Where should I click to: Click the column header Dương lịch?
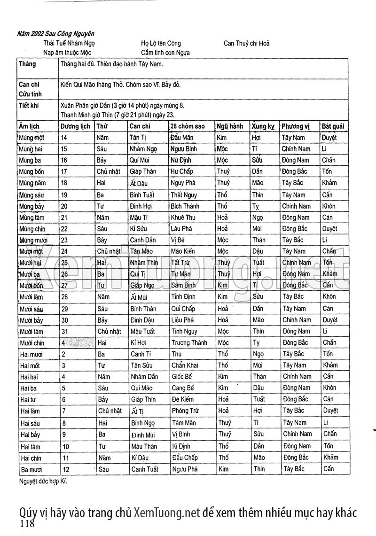point(75,126)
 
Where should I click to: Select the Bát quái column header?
point(333,126)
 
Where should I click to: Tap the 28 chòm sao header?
point(188,126)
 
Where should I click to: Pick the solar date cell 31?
point(65,331)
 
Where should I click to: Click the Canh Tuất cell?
point(144,469)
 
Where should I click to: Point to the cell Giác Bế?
point(182,376)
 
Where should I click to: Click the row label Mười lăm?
point(31,297)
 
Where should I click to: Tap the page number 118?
point(27,524)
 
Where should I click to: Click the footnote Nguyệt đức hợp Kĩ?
point(40,481)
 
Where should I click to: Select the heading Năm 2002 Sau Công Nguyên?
point(55,34)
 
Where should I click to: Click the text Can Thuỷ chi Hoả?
point(246,44)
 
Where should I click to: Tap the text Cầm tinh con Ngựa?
point(165,53)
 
